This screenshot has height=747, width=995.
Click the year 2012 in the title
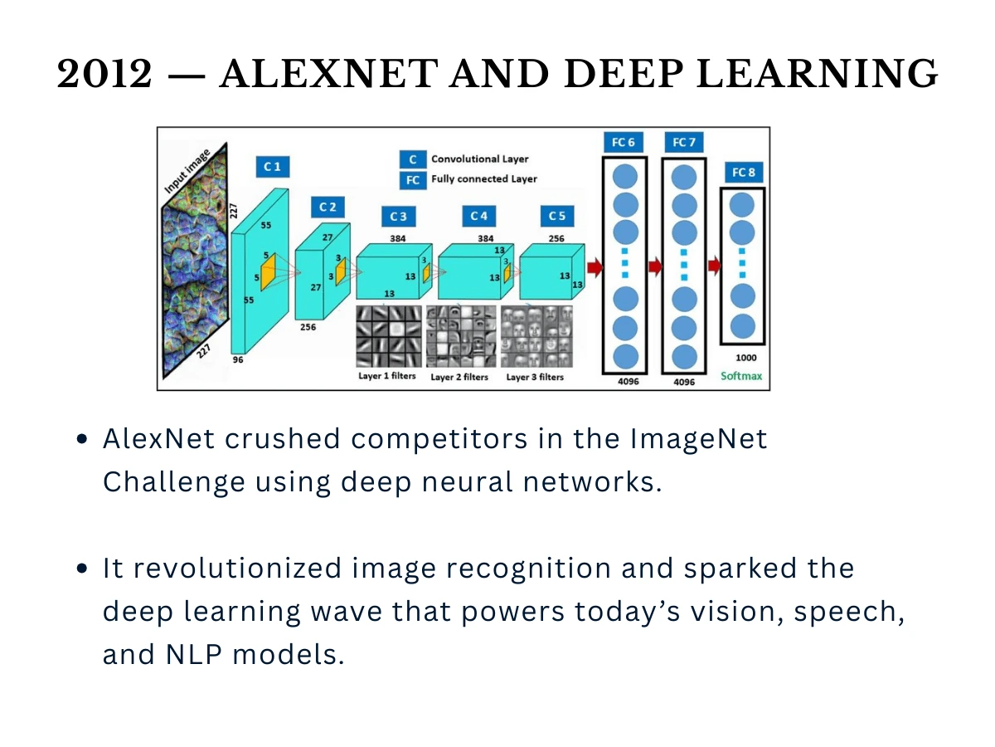(x=105, y=75)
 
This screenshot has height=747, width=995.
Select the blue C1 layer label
(x=272, y=167)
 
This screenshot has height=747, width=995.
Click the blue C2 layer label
(x=328, y=207)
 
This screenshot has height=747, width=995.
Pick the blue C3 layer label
(x=398, y=217)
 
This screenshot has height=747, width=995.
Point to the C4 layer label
(x=478, y=216)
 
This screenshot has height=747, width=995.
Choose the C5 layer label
(x=557, y=216)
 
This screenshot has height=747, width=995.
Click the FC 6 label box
(x=623, y=142)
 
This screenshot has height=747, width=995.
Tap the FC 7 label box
(x=683, y=142)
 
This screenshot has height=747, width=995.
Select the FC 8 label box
(x=742, y=173)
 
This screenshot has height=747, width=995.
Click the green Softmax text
(x=741, y=376)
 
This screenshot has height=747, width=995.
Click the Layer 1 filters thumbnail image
(x=388, y=336)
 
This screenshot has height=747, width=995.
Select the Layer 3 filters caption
(x=535, y=377)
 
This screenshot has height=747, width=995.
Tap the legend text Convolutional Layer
(x=479, y=159)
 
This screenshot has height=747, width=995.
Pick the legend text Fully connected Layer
(x=483, y=178)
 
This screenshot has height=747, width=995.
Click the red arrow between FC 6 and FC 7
(x=654, y=266)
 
